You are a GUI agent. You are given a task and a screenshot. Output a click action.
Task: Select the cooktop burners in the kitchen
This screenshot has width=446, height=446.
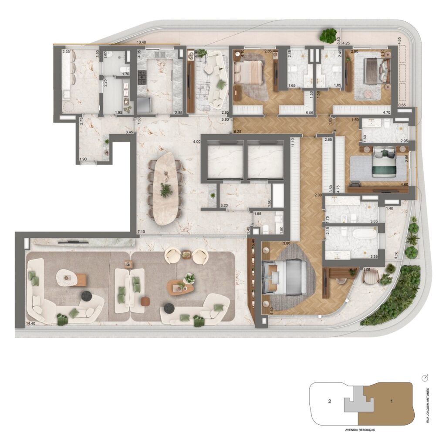click(x=142, y=80)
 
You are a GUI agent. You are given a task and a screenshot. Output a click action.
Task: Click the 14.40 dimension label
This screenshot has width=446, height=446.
click(x=30, y=324)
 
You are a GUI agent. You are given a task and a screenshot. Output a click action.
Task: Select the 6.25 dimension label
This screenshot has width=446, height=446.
click(x=237, y=132)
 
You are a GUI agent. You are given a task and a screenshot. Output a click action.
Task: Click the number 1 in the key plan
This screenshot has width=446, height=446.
click(x=391, y=401)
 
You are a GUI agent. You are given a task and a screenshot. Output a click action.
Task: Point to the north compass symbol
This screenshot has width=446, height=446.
click(x=426, y=377)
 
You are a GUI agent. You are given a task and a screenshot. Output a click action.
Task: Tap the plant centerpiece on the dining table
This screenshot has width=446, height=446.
click(x=166, y=190)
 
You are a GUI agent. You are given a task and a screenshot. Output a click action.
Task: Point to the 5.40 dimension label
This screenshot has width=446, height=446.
click(x=250, y=240)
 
